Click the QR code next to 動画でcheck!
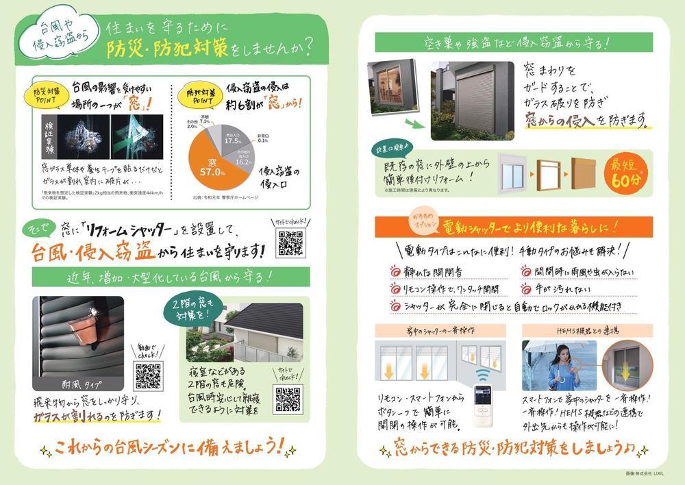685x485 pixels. (x=149, y=375)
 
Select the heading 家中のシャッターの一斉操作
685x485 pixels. (x=439, y=330)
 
